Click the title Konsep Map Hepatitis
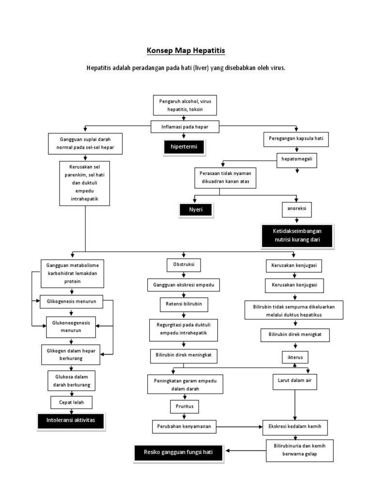coord(186,50)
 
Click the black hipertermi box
coord(184,146)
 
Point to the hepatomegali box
coord(296,160)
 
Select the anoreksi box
coord(296,209)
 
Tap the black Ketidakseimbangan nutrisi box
coord(297,235)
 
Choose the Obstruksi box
coord(184,265)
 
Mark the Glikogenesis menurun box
coord(72,301)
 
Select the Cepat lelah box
coord(71,402)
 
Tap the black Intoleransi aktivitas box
coord(71,421)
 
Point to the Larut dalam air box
coord(295,381)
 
